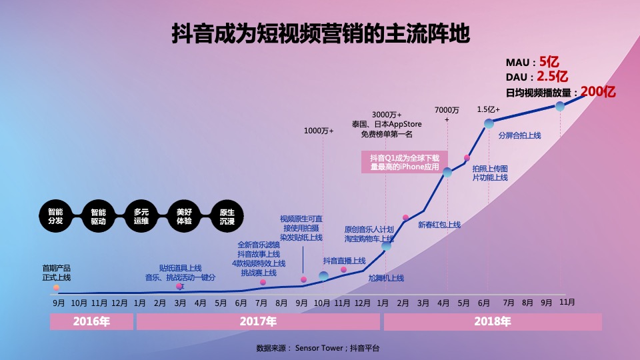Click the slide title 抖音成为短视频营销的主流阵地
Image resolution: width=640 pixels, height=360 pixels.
tap(321, 33)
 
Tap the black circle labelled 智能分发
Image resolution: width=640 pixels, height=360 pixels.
tap(55, 216)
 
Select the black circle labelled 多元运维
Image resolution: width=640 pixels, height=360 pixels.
tap(141, 216)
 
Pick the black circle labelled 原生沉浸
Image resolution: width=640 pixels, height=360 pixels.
tap(227, 216)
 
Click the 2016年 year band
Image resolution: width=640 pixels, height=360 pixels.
tap(91, 322)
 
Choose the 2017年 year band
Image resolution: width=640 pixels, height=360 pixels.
tap(258, 322)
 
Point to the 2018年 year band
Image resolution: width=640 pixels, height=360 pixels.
tap(493, 322)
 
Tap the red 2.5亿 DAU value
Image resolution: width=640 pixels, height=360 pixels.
tap(553, 76)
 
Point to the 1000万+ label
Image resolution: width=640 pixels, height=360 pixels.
tap(319, 131)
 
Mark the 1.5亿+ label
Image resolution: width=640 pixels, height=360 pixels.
tap(488, 109)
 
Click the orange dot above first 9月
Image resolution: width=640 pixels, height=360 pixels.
tap(57, 288)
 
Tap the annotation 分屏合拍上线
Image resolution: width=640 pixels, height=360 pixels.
tap(519, 135)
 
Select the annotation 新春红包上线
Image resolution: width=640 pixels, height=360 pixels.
tap(439, 225)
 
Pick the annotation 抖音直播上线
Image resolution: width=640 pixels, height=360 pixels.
tap(344, 261)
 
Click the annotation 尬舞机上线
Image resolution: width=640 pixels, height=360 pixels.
tap(386, 278)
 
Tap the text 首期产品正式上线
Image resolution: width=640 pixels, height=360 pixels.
tap(57, 273)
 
